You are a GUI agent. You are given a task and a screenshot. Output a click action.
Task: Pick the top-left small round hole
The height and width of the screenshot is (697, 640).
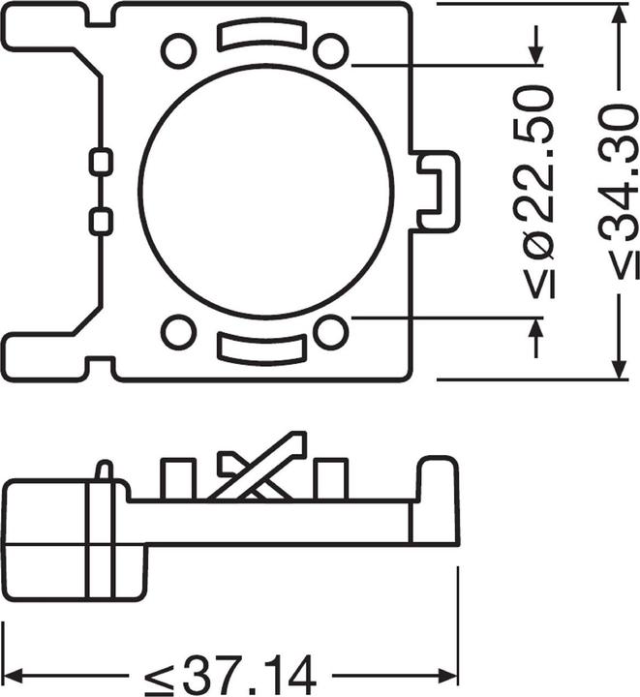[x=178, y=49]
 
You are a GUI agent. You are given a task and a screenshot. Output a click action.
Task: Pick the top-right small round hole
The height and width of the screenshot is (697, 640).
[x=331, y=49]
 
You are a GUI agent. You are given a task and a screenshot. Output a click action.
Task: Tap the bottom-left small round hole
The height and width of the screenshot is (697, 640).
[x=178, y=332]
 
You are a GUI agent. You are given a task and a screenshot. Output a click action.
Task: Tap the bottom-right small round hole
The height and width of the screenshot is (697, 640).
[x=331, y=332]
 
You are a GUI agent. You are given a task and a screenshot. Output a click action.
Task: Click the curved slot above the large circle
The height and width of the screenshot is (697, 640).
[x=255, y=37]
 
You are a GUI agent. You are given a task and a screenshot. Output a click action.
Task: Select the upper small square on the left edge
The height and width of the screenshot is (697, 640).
[x=100, y=163]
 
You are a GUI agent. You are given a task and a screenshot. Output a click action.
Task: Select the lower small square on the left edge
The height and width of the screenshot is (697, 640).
[x=100, y=222]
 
